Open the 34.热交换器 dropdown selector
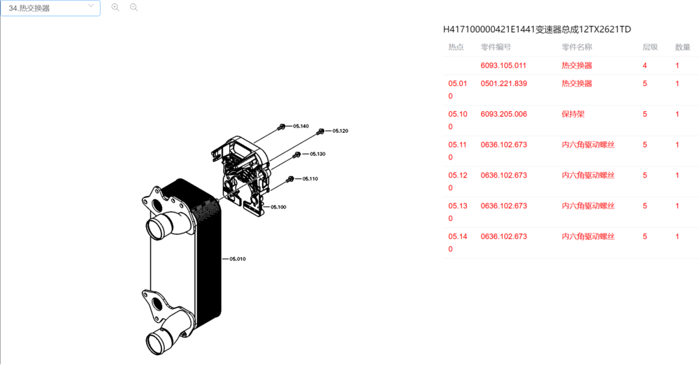click(50, 8)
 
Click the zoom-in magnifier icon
click(115, 8)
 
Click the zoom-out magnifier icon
click(134, 8)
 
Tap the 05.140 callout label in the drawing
click(301, 127)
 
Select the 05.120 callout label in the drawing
click(340, 131)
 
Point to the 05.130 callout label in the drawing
click(317, 154)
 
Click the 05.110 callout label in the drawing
click(310, 179)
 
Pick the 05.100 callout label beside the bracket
click(279, 207)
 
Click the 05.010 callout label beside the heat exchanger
click(238, 259)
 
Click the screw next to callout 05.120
click(321, 131)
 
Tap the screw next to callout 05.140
click(282, 127)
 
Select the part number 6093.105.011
click(503, 66)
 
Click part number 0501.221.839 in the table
click(504, 83)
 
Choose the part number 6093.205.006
click(504, 114)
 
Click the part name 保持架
click(573, 114)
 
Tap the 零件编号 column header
click(496, 47)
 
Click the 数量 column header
click(682, 47)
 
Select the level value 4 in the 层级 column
click(644, 66)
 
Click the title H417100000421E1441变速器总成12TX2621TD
click(537, 29)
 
